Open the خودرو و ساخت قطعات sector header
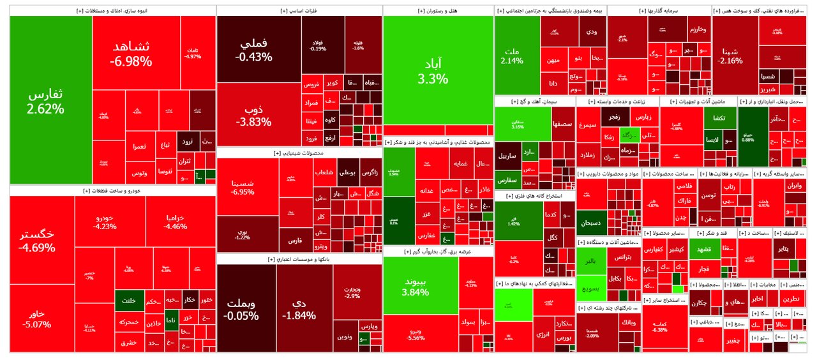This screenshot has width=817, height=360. pos(112,191)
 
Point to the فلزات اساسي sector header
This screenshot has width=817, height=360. pos(299,11)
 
